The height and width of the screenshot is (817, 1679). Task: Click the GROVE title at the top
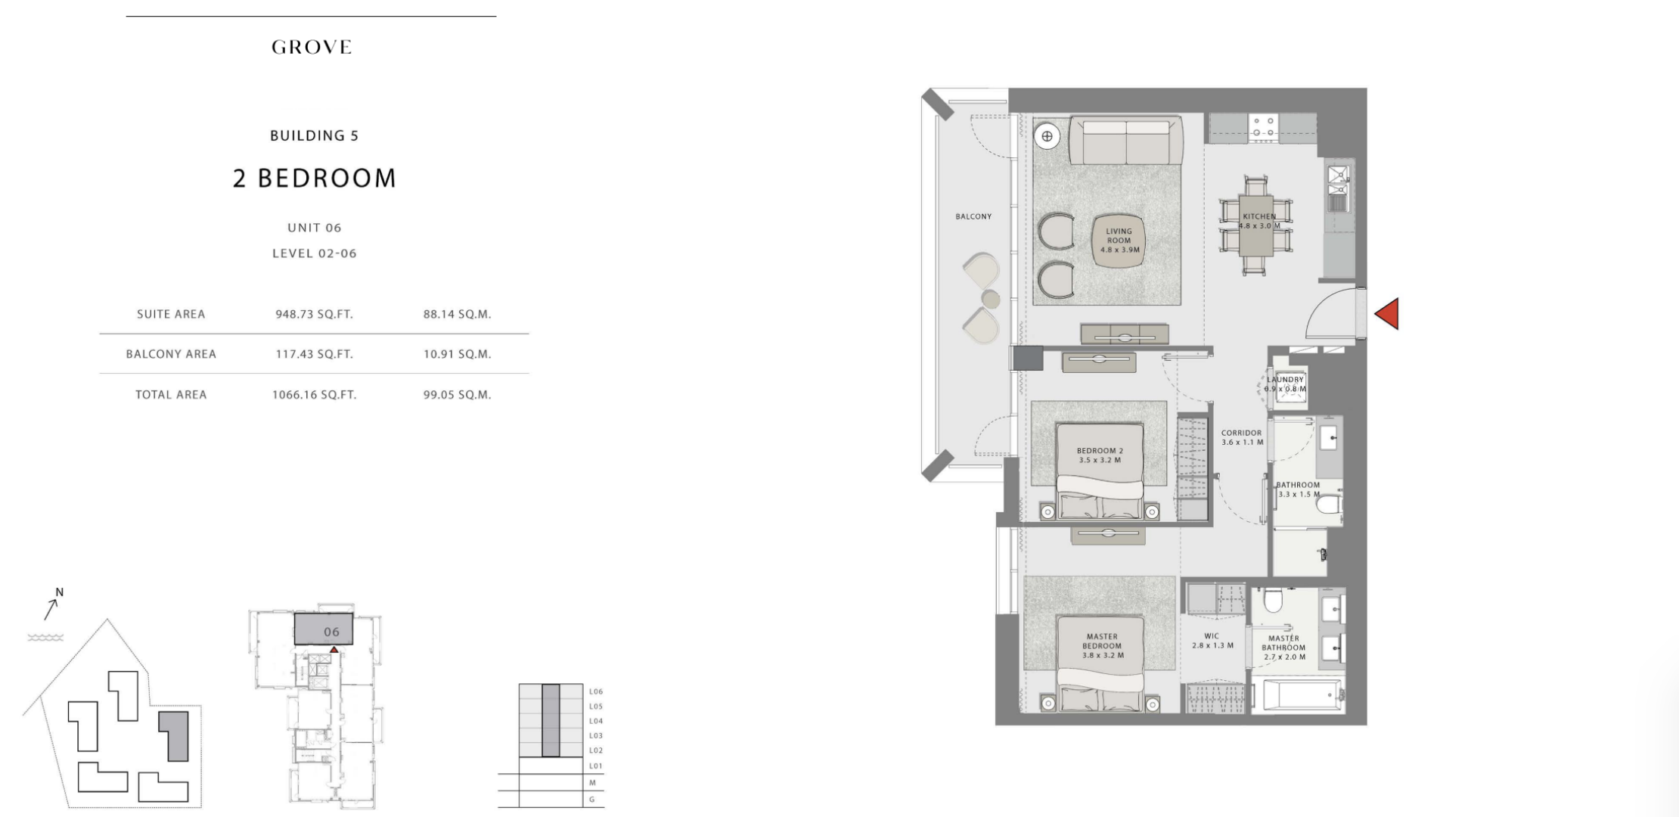click(x=312, y=47)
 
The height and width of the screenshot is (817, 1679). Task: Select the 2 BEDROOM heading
click(x=315, y=179)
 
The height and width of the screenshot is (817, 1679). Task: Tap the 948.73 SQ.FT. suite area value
click(x=314, y=314)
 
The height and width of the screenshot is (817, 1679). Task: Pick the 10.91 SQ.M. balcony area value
click(x=457, y=354)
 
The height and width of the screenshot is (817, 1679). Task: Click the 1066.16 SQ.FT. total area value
click(x=314, y=395)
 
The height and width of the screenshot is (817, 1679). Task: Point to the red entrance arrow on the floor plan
click(x=1386, y=314)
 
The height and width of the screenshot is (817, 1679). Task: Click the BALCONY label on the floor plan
click(x=973, y=216)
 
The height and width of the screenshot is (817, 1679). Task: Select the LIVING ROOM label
click(x=1119, y=236)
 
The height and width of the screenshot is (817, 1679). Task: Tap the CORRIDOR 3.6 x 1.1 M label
click(x=1242, y=438)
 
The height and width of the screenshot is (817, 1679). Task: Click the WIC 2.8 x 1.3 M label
click(x=1212, y=641)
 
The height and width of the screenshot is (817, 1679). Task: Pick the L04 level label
click(x=596, y=721)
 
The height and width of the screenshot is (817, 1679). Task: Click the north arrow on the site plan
click(x=52, y=607)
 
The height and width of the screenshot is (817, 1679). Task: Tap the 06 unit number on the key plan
click(x=331, y=632)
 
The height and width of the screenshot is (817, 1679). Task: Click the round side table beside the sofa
click(x=1047, y=136)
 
